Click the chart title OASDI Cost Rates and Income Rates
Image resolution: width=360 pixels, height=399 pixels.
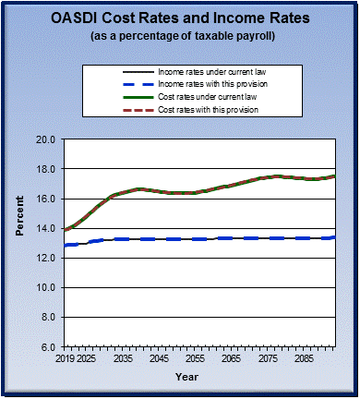pos(180,18)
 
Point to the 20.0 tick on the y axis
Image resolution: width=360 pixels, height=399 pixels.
pos(47,140)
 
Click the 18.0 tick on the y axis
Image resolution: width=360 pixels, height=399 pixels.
pos(47,170)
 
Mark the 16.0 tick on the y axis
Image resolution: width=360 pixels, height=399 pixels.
pos(47,199)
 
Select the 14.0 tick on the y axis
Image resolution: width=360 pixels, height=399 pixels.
pos(47,229)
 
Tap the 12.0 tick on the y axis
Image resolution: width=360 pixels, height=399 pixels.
pos(47,259)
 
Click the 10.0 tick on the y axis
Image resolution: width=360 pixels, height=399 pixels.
pos(47,288)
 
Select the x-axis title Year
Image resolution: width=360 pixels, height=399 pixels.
pos(187,377)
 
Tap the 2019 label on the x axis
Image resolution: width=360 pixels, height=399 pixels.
pos(65,357)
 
